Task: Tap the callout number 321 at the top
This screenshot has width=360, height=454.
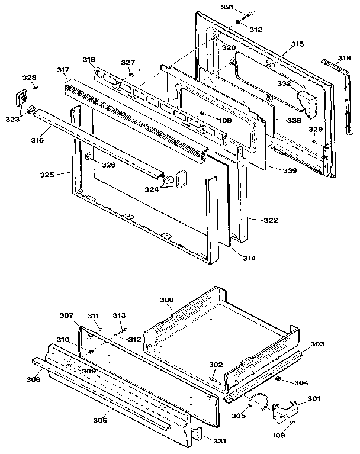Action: click(227, 7)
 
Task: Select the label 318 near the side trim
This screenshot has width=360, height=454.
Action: click(345, 58)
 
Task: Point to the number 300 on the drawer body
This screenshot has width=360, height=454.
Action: click(167, 301)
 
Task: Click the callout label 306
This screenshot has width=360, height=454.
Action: click(100, 420)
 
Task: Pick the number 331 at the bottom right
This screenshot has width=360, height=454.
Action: click(220, 441)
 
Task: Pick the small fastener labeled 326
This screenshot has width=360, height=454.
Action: click(88, 157)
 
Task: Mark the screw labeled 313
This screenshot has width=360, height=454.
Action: click(126, 330)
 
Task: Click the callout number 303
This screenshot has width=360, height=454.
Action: click(317, 344)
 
